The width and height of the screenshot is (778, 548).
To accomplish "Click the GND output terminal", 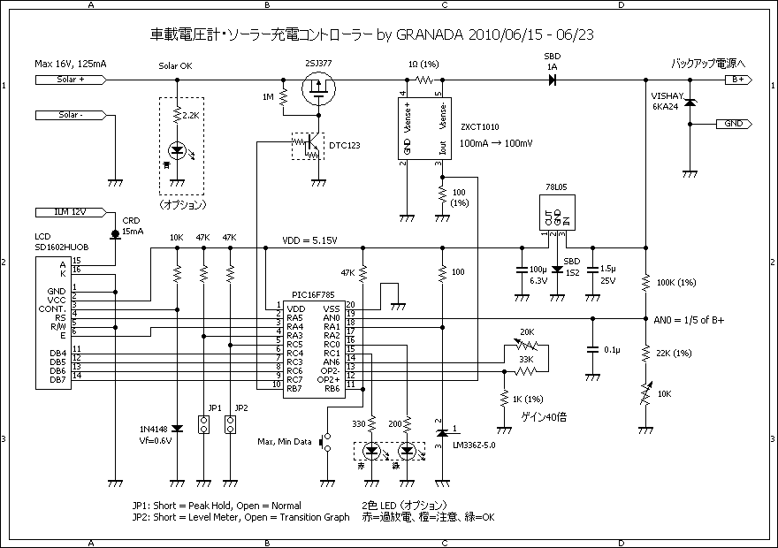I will [734, 125].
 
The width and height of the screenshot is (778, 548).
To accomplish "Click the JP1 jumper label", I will [215, 409].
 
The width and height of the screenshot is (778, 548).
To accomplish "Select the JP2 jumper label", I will [241, 409].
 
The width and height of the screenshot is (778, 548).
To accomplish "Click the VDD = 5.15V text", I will [309, 240].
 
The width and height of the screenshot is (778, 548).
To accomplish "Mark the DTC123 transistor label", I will [344, 145].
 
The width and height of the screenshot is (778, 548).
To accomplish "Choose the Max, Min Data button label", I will [285, 441].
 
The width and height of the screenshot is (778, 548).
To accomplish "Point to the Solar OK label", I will [175, 67].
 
